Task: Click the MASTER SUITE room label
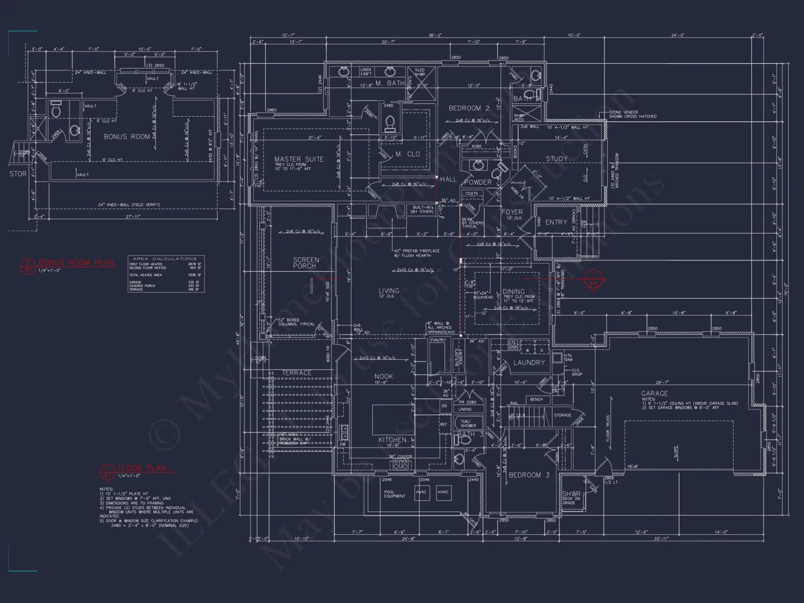tap(299, 159)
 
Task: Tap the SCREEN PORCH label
tap(306, 263)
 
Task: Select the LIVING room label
tap(389, 291)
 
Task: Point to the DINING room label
tap(513, 291)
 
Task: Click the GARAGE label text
tap(654, 393)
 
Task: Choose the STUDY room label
tap(556, 159)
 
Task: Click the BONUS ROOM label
tap(127, 137)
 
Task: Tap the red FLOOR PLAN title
tap(142, 468)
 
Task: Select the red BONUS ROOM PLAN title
tap(76, 263)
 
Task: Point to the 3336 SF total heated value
tap(194, 275)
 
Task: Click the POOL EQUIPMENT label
tap(394, 494)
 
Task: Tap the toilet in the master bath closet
tap(390, 124)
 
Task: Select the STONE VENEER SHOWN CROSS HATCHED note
tap(632, 114)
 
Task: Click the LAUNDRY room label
tap(529, 362)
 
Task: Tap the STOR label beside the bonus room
tap(18, 174)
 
